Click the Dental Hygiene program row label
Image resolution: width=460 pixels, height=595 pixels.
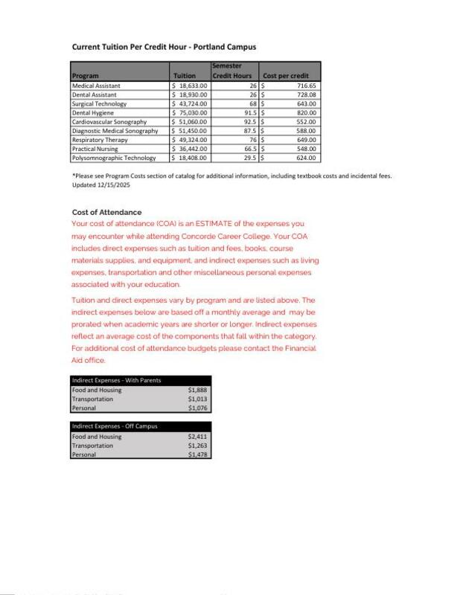91,112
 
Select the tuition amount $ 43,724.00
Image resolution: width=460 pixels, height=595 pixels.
191,103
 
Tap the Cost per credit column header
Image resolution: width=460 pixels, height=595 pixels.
286,76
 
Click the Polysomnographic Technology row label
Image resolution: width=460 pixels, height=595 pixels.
114,158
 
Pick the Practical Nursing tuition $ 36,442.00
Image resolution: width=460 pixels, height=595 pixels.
191,149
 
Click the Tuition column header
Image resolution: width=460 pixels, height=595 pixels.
185,76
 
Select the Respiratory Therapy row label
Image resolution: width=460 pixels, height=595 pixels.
101,140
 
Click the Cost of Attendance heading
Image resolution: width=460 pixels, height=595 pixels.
106,213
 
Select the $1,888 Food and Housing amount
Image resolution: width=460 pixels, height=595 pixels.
197,389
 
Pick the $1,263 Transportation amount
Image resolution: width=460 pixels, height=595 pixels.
197,446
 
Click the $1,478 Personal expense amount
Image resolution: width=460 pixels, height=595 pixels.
197,454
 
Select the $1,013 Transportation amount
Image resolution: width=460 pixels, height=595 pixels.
197,399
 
